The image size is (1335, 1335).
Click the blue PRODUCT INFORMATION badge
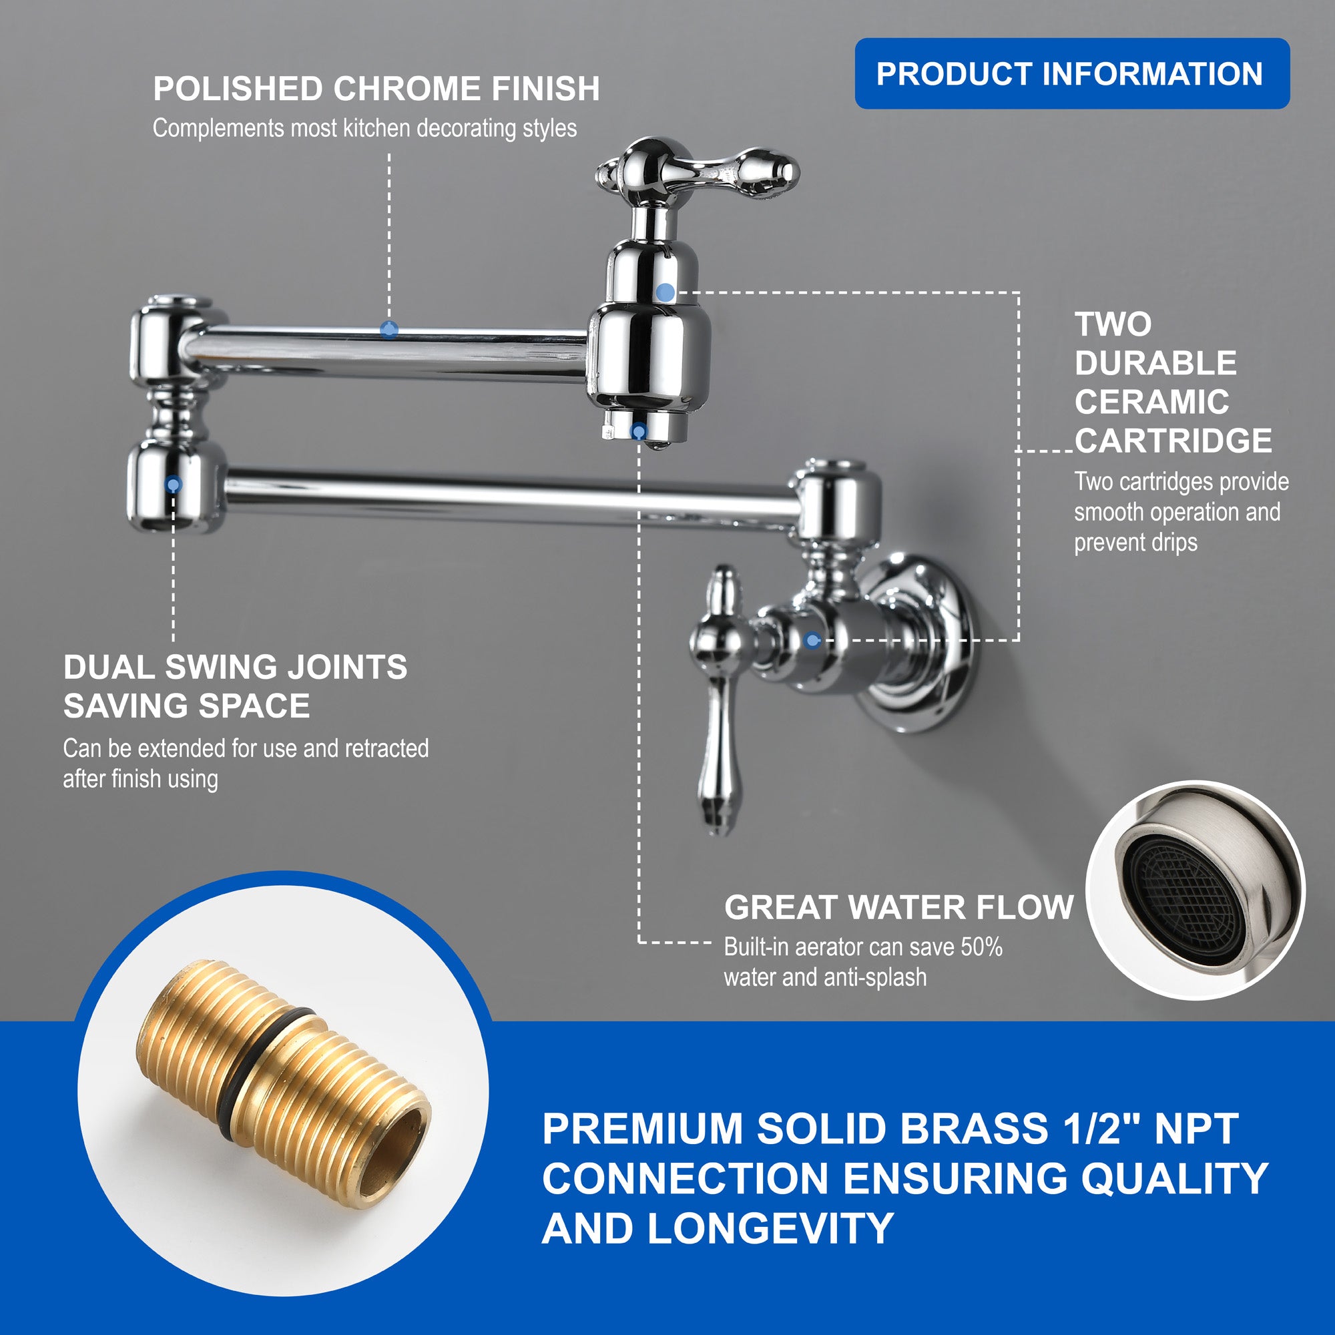coord(1072,73)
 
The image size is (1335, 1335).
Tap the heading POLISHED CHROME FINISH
coord(376,89)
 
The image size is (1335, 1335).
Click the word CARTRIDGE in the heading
coord(1173,440)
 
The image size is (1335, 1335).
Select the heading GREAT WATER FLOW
coord(898,907)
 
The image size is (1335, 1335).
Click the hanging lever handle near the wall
coord(720,698)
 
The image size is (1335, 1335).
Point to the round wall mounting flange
coord(919,643)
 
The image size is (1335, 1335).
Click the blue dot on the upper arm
coord(389,329)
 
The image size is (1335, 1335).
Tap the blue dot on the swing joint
coord(174,484)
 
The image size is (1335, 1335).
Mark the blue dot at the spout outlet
coord(639,432)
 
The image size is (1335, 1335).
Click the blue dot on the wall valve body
coord(812,641)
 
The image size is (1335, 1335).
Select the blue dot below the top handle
coord(665,292)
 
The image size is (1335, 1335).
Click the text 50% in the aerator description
coord(981,946)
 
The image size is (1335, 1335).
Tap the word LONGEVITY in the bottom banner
coord(770,1228)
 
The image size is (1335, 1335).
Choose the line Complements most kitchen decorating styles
coord(365,129)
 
